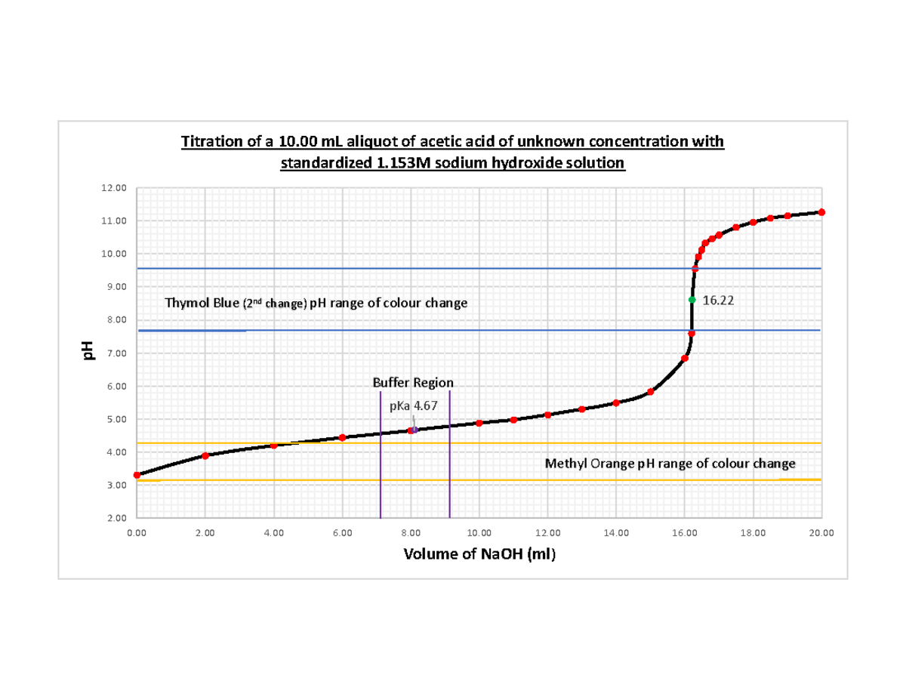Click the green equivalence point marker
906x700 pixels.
tap(692, 300)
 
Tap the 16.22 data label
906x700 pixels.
tap(718, 301)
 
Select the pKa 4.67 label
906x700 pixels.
tap(413, 406)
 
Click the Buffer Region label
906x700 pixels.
tap(414, 382)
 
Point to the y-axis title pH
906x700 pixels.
tap(88, 350)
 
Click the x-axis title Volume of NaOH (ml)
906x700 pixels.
tap(479, 555)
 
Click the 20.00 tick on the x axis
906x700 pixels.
tap(821, 533)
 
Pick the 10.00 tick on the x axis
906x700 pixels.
tap(479, 533)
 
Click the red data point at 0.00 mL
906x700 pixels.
tap(137, 475)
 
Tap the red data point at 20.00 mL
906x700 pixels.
tap(821, 212)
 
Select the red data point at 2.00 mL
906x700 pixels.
tap(205, 455)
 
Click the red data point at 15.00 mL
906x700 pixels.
tap(650, 392)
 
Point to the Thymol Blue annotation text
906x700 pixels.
tap(316, 304)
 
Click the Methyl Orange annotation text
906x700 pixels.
tap(670, 463)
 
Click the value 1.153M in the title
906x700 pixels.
tap(399, 164)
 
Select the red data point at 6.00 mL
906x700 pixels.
tap(342, 437)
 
